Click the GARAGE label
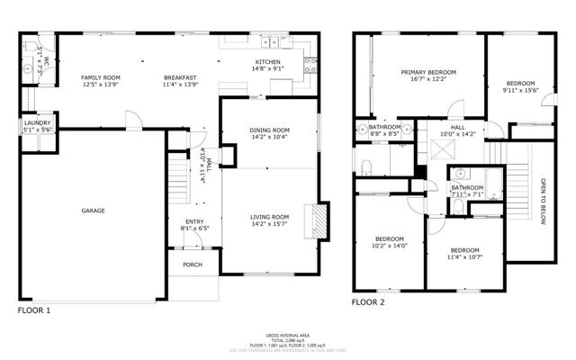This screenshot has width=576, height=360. (x=94, y=211)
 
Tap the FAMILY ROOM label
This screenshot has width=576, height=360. (x=101, y=77)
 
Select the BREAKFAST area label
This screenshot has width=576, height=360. (x=180, y=77)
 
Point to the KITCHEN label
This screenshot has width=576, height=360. (x=268, y=61)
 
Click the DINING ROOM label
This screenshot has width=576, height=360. (x=269, y=131)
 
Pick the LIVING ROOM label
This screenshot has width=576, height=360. (x=269, y=217)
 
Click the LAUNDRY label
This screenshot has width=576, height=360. (x=36, y=123)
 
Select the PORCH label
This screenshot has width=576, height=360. (x=191, y=265)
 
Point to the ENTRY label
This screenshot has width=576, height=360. (x=195, y=222)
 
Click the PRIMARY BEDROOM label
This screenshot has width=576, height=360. (x=428, y=72)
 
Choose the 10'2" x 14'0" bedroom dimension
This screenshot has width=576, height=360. (x=391, y=245)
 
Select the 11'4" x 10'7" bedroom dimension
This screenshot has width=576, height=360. (x=464, y=256)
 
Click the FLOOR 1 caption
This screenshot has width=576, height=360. (x=35, y=310)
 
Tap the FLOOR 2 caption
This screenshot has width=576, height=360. (x=368, y=302)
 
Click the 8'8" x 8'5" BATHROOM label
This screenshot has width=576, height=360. (x=384, y=128)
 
